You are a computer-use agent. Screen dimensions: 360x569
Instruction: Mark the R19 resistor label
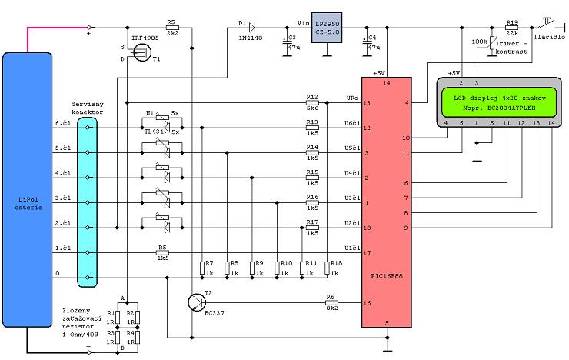(x=512, y=24)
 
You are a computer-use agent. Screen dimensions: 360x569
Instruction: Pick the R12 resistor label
(x=311, y=97)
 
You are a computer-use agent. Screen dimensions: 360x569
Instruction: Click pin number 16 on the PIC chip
(x=367, y=303)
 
